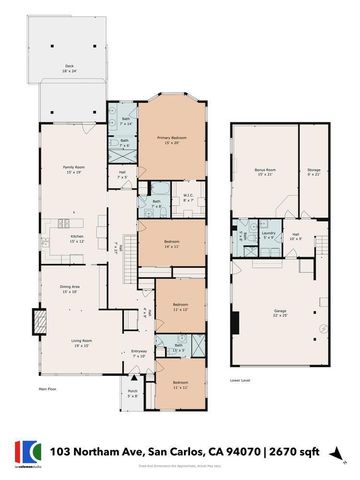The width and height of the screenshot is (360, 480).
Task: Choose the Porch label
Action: pos(133,391)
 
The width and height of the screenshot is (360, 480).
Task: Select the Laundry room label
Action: pos(269,234)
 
